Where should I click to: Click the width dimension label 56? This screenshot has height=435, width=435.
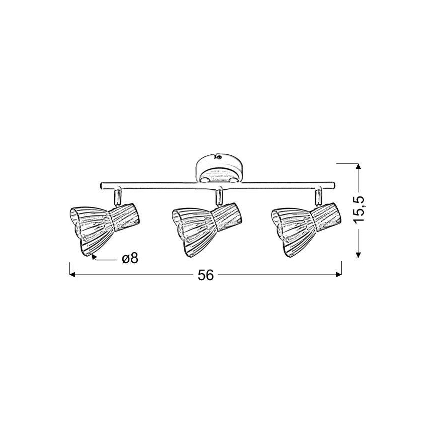pos(205,275)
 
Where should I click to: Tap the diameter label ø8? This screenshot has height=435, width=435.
pos(129,259)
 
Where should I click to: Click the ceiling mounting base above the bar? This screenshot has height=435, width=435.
pos(219,168)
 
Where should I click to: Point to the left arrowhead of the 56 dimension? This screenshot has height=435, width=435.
pos(72,275)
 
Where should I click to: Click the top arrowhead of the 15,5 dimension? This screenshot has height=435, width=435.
pos(358,167)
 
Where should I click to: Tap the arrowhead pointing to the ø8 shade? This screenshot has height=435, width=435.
pos(95,259)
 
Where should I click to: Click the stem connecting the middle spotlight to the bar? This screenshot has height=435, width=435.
pos(219,196)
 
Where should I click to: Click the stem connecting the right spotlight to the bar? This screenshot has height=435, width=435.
pos(317,196)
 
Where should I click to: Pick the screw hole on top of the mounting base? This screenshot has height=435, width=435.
pos(218,156)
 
